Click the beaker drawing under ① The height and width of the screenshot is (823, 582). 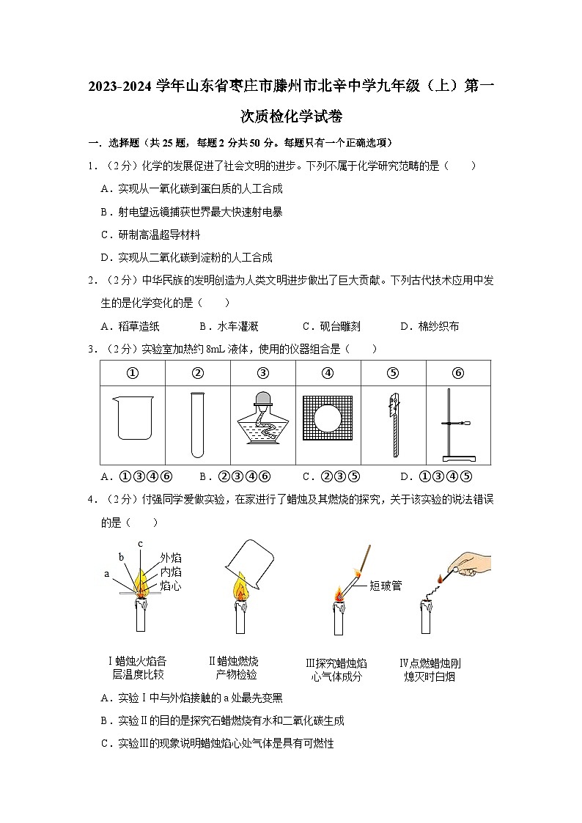point(133,417)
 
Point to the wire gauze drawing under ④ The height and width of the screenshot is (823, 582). point(328,416)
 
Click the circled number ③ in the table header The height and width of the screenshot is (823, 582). point(263,373)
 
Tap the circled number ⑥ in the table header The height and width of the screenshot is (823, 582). point(458,373)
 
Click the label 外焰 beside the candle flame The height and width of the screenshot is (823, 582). point(172,557)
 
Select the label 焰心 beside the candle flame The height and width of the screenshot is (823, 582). point(172,586)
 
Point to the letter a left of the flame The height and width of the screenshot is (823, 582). point(107,574)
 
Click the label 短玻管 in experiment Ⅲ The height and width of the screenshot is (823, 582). point(386,586)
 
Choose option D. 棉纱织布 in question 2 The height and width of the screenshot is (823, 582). point(430,326)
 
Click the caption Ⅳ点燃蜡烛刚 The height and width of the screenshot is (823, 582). point(430,663)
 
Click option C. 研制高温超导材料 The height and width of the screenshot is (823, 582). point(150,235)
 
